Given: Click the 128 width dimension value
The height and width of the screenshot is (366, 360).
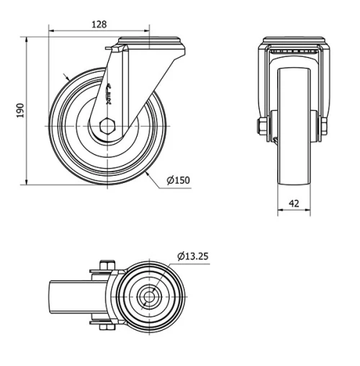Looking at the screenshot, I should (99, 24).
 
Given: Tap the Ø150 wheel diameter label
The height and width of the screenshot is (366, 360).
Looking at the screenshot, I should (178, 180).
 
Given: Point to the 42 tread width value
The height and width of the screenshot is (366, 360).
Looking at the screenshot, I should (294, 203).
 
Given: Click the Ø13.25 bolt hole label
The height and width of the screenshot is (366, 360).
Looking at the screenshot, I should (194, 254).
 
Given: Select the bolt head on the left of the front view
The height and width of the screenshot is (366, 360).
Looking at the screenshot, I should (260, 128).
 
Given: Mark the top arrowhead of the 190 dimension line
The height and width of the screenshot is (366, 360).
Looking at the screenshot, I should (28, 38).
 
